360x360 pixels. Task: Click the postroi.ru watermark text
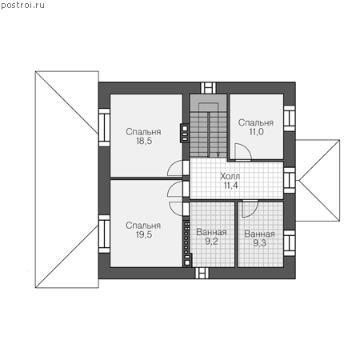point(22,6)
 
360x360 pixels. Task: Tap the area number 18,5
point(144,141)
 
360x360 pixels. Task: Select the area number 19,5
point(144,234)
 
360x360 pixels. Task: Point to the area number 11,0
point(257,131)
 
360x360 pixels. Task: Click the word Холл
point(230,176)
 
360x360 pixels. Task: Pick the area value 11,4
point(231,186)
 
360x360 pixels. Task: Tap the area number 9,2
point(211,242)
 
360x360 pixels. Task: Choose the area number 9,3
point(259,243)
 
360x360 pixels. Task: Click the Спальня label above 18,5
point(143,132)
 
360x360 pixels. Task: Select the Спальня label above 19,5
point(143,226)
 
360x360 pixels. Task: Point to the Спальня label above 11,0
point(256,122)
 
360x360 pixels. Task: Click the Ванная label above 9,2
point(211,232)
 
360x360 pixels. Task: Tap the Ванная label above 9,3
point(259,234)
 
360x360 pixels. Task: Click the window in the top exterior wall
point(208,88)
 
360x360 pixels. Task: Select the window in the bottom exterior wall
point(202,273)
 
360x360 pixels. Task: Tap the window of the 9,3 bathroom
point(290,242)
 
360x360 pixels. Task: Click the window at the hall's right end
point(290,180)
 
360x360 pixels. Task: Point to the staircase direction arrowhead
point(218,155)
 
